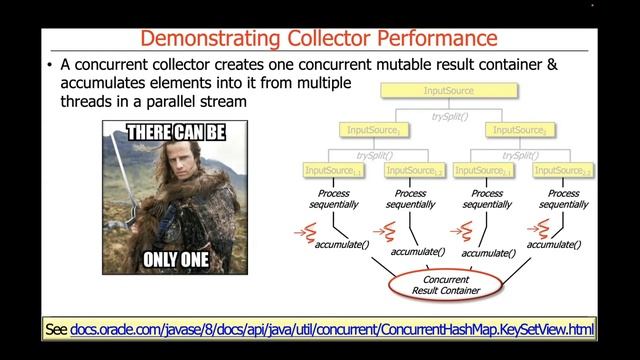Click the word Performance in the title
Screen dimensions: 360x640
point(437,39)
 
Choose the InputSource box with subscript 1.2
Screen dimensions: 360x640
point(412,171)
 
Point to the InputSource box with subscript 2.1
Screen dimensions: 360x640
point(488,171)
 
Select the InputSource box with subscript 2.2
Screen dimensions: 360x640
point(564,171)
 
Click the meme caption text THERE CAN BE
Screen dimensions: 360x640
point(174,130)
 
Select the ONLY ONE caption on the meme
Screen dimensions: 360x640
point(174,258)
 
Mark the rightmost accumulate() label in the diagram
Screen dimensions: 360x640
point(555,244)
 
